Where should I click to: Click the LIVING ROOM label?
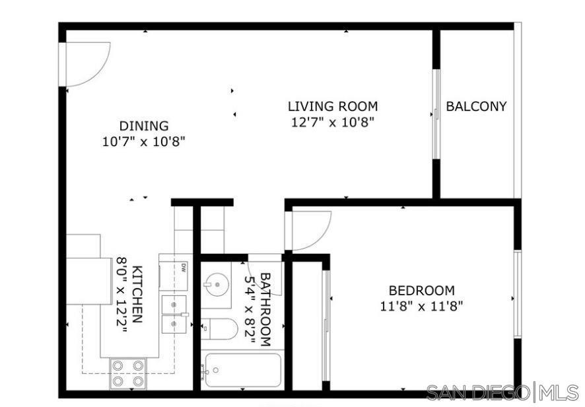point(332,106)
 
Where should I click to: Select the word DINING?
point(144,126)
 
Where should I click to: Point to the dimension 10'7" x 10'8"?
point(144,141)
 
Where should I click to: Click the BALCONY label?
point(476,106)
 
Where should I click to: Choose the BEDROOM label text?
point(421,290)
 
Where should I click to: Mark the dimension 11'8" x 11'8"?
point(421,306)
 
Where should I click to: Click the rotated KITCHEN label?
point(137,294)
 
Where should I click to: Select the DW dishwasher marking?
point(183,268)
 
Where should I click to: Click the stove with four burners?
point(128,373)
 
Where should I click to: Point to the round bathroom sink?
point(215,284)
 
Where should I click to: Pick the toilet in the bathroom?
point(218,328)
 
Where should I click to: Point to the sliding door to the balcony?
point(436,114)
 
